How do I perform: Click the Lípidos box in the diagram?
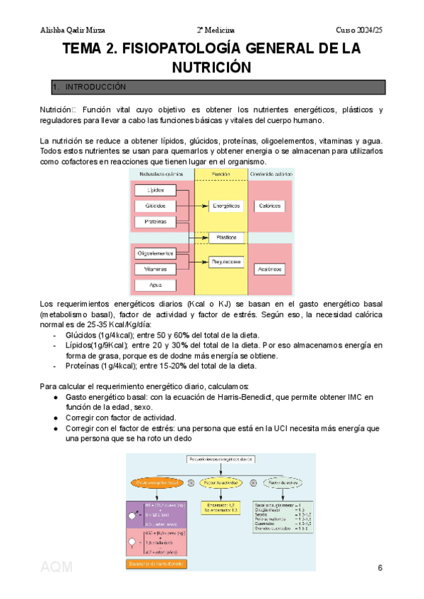point(155,191)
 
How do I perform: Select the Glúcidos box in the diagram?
point(155,206)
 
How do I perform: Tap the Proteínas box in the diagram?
point(155,222)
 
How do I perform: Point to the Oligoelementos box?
point(155,253)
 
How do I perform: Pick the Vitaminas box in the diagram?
point(155,269)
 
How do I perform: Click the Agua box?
point(155,285)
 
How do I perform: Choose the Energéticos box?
point(225,206)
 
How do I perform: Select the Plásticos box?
point(225,237)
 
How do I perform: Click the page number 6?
point(380,569)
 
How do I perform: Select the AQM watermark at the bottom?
point(57,567)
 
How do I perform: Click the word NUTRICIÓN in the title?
point(212,67)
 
